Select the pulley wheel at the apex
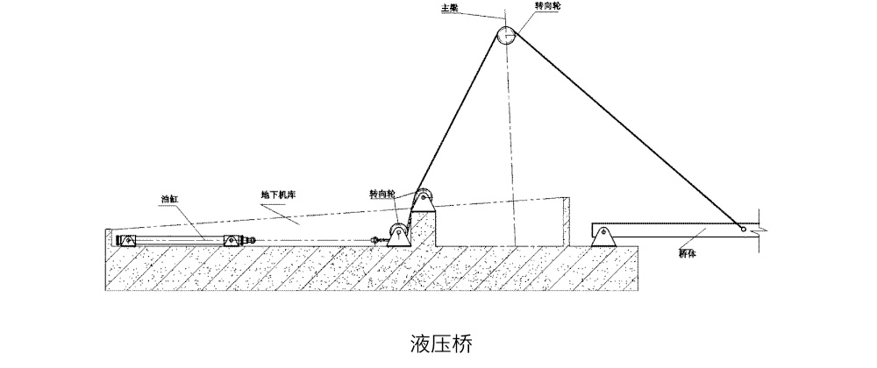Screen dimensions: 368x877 [507, 35]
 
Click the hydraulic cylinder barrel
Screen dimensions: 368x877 [175, 240]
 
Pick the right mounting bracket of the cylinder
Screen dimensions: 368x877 [232, 240]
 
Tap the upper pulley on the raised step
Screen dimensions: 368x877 [423, 198]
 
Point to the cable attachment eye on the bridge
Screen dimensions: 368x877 [743, 230]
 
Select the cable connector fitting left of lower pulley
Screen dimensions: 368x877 [378, 238]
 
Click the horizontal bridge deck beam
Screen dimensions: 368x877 [675, 230]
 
